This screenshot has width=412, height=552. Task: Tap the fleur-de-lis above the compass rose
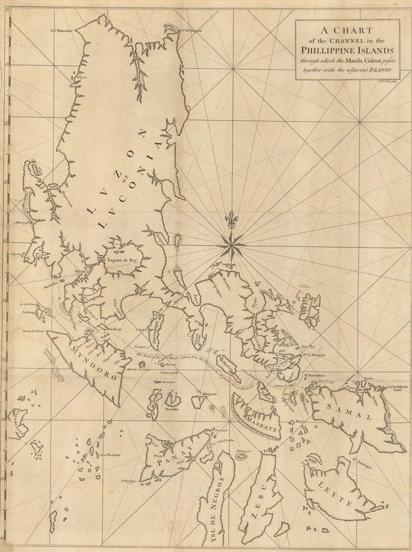pyautogui.click(x=232, y=218)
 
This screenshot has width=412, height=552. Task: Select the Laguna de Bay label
pyautogui.click(x=122, y=261)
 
